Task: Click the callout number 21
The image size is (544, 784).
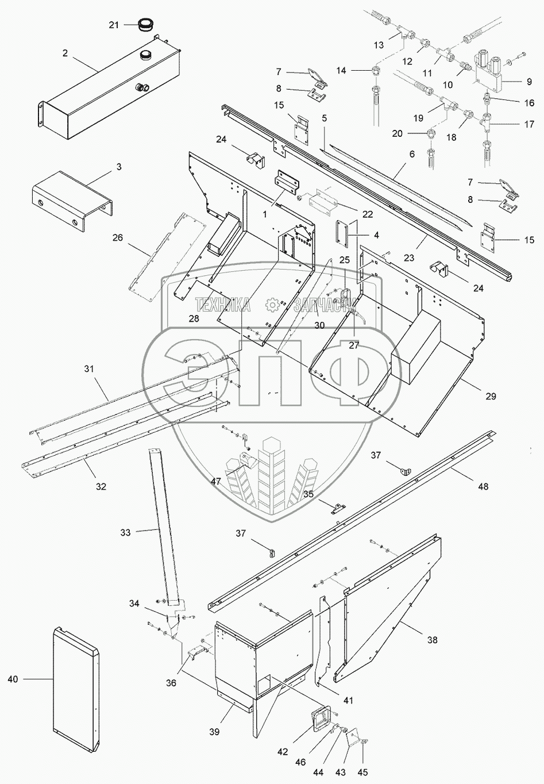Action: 114,25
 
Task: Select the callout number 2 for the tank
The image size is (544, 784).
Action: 65,53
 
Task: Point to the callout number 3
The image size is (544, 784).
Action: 118,167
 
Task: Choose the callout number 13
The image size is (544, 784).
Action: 379,45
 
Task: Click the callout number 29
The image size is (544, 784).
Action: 490,396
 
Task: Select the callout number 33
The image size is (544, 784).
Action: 126,532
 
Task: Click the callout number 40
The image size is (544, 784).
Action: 13,679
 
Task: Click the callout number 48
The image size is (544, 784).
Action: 483,486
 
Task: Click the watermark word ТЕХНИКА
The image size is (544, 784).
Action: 223,305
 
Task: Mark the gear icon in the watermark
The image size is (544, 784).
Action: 273,305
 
